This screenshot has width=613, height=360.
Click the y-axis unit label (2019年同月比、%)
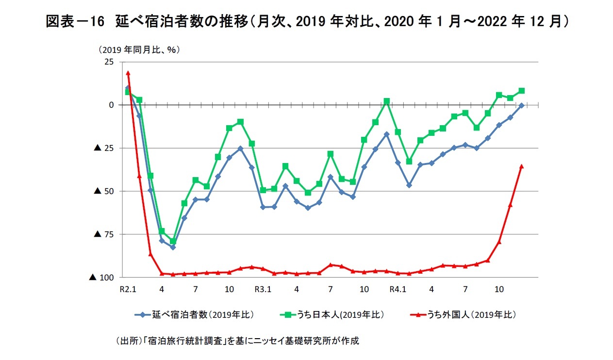coord(139,49)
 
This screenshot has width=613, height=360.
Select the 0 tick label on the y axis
coord(111,105)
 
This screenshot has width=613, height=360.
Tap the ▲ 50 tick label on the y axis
coord(103,191)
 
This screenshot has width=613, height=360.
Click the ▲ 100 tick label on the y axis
coord(101,278)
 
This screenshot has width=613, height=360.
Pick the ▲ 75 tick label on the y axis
coord(103,234)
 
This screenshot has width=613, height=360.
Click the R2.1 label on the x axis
coord(128,290)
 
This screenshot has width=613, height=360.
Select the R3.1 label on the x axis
coord(263,290)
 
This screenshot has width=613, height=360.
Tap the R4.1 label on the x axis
coord(398,290)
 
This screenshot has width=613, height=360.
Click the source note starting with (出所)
coord(237,341)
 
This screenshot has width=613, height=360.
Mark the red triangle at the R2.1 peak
coord(128,73)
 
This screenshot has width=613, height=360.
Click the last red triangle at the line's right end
coord(521,166)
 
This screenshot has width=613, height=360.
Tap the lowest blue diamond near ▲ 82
coord(173,247)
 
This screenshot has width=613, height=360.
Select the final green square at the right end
coord(521,91)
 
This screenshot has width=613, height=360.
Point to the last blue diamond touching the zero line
coord(521,105)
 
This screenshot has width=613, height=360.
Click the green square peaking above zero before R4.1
coord(386,101)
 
